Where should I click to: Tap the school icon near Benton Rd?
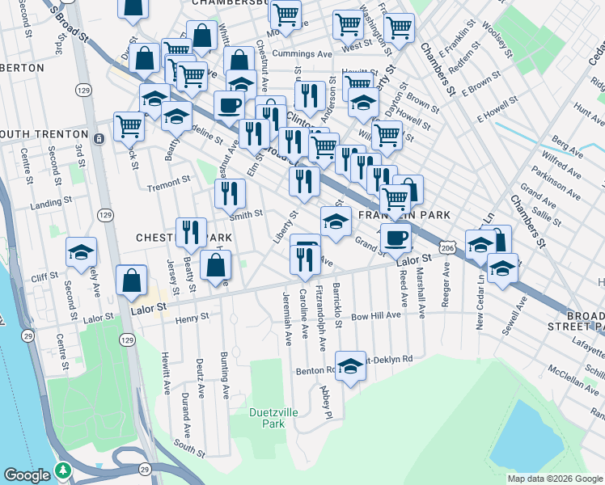pos(350,366)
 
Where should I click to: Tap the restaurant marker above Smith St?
pos(230,193)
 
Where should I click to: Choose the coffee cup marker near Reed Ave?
pos(396,237)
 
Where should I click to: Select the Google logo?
pos(28,474)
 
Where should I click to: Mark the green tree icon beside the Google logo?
pos(63,470)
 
